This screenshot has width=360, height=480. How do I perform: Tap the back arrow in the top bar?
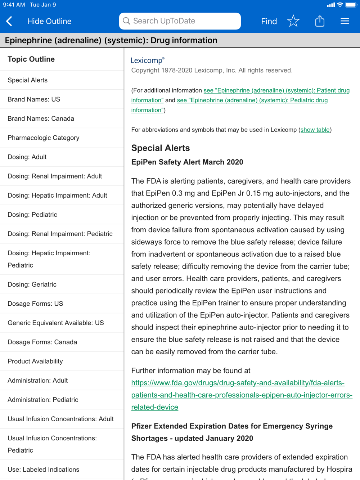click(x=9, y=21)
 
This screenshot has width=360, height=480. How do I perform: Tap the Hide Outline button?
click(x=49, y=21)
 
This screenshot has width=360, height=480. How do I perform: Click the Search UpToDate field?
click(x=180, y=21)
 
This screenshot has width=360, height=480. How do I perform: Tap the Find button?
click(x=269, y=21)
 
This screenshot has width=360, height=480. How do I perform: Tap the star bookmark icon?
click(x=293, y=21)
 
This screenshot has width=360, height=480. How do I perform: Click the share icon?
click(x=320, y=21)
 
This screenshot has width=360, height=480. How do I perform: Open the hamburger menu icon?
click(x=345, y=21)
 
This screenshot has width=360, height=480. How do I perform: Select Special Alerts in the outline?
click(x=28, y=80)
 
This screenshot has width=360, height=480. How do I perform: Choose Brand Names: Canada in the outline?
click(x=41, y=118)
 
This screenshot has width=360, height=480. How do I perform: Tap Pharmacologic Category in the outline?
click(x=43, y=138)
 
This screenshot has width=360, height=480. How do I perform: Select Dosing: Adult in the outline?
click(x=27, y=157)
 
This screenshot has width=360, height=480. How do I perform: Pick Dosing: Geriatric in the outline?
click(x=32, y=284)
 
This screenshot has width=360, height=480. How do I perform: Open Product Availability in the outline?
click(x=35, y=361)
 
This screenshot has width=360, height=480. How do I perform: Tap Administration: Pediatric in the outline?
click(x=43, y=400)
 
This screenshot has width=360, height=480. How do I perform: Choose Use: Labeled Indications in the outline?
click(x=43, y=470)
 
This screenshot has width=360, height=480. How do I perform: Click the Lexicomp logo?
click(x=148, y=60)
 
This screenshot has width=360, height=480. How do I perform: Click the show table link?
click(x=315, y=130)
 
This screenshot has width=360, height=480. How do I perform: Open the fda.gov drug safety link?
click(x=238, y=395)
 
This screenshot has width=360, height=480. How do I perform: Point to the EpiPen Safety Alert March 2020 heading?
click(x=187, y=162)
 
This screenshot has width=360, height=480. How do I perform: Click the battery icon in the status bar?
click(x=351, y=5)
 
